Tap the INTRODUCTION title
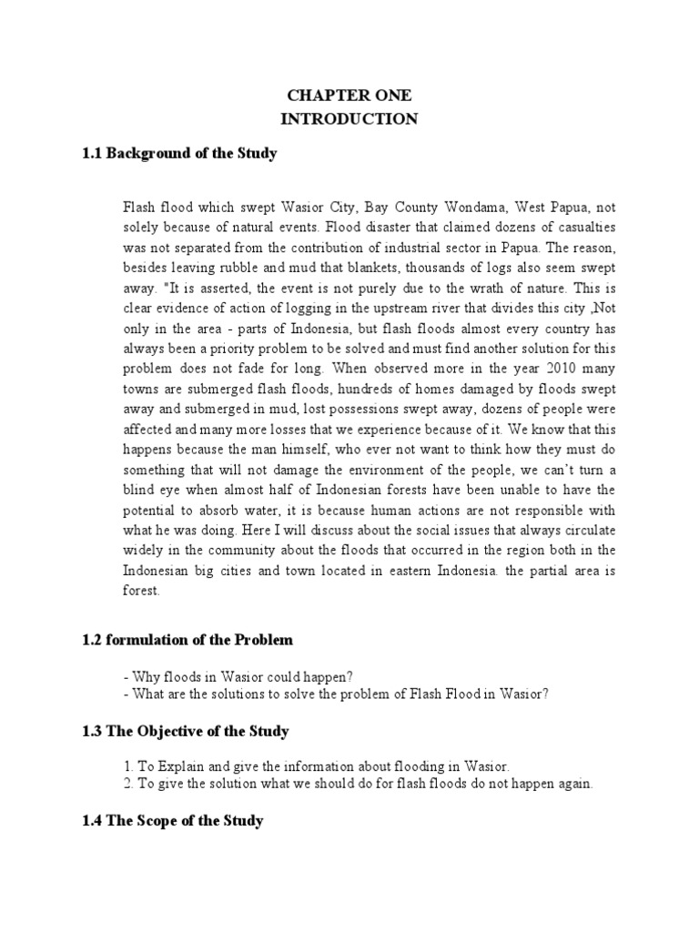[x=349, y=119]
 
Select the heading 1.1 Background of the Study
[x=179, y=154]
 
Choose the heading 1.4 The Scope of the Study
[x=173, y=820]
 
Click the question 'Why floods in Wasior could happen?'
[x=238, y=675]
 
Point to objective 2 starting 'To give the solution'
[x=359, y=784]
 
